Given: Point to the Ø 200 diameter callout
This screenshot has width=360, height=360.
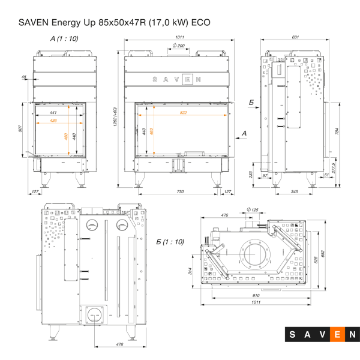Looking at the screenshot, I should [x=178, y=46].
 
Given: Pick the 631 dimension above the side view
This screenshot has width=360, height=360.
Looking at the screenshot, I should [x=295, y=37].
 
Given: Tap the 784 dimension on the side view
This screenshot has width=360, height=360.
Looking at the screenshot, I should [x=337, y=131].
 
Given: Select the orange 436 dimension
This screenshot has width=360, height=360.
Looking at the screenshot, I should [x=53, y=121].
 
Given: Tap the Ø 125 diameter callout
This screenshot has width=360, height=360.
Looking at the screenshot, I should [x=253, y=209].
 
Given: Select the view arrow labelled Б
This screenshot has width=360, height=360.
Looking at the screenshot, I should [x=251, y=103].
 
